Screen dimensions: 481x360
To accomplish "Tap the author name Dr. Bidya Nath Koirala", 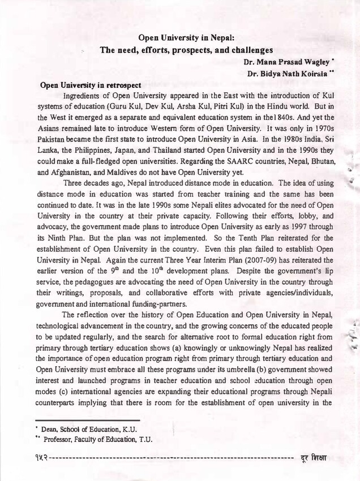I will click(x=286, y=74).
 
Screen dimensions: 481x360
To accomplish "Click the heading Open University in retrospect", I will click(x=91, y=85).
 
